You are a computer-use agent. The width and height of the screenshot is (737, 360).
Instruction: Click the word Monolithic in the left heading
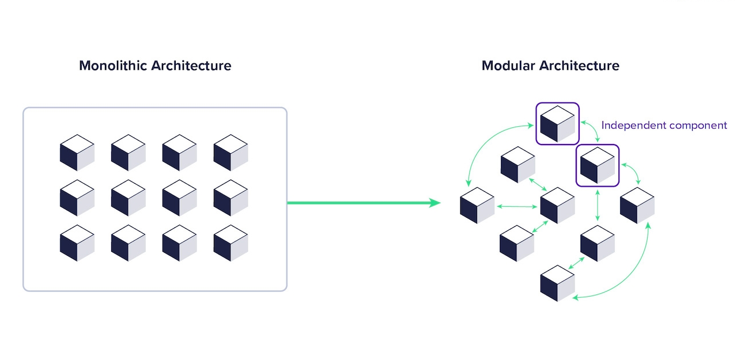coord(112,66)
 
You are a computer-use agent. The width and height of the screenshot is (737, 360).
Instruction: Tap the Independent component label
coord(664,125)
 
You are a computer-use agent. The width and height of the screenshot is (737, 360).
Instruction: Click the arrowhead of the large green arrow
coord(434,202)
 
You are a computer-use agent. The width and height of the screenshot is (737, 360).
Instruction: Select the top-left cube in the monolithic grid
coord(77,153)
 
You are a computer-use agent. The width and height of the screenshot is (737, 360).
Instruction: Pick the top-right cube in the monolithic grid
coord(230,153)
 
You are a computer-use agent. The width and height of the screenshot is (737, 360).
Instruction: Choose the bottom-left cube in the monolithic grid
coord(77,242)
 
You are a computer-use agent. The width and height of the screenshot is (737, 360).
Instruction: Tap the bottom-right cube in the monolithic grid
coord(230,242)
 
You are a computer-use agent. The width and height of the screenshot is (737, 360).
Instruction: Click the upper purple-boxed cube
coord(557,124)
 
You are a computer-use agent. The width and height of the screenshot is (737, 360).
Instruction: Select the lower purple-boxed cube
coord(598,165)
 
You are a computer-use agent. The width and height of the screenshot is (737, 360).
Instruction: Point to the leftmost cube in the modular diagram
coord(477,206)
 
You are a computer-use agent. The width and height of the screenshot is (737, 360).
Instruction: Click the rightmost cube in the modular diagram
coord(637,206)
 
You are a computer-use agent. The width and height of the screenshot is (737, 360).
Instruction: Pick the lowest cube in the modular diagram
coord(557,283)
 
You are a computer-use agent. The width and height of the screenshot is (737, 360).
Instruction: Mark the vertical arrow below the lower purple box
coord(598,205)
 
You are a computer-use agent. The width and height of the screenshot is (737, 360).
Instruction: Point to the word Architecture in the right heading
coord(579,66)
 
